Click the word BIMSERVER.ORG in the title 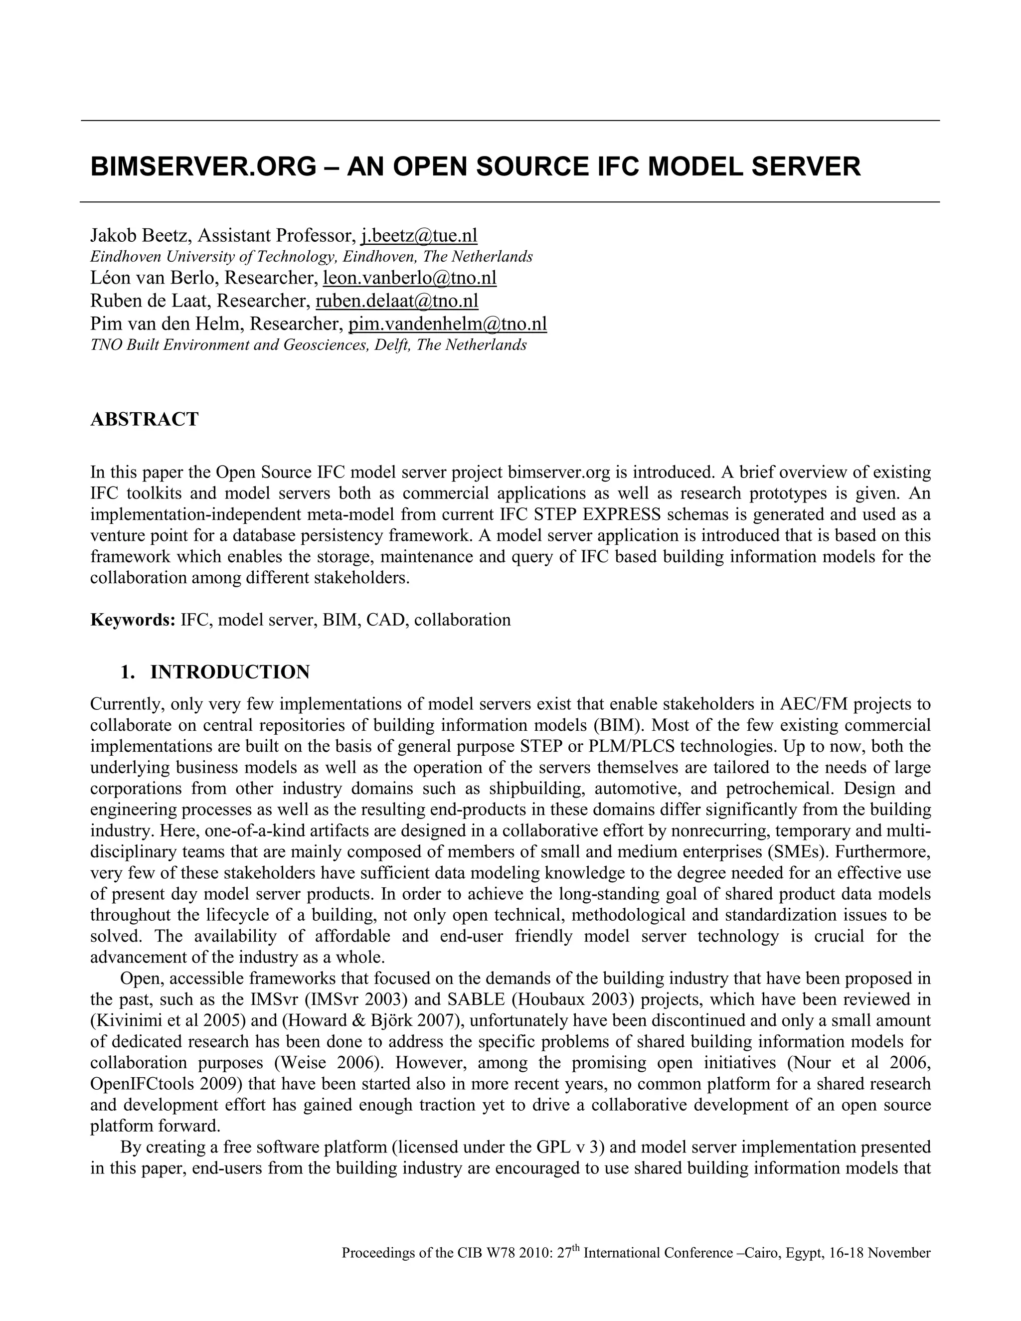[203, 167]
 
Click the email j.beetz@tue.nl [419, 235]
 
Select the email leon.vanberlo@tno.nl [409, 278]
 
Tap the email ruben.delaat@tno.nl [397, 300]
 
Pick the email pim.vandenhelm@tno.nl [448, 324]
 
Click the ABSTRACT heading [144, 419]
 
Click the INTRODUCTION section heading [230, 672]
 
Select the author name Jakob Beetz [139, 235]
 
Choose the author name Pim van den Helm [167, 324]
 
